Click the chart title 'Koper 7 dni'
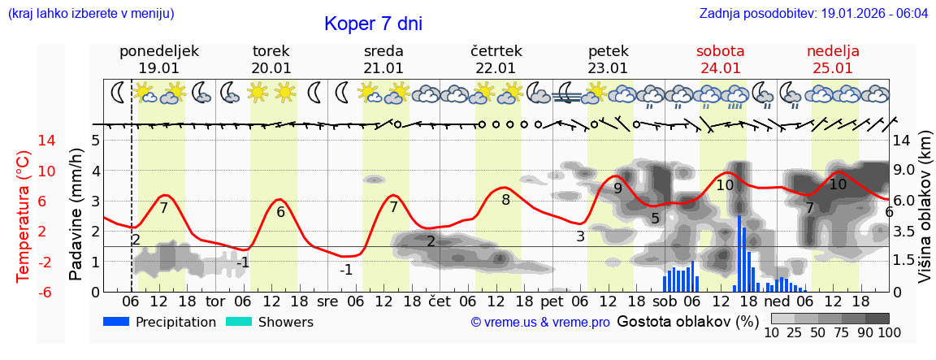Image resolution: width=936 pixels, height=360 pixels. click(x=373, y=24)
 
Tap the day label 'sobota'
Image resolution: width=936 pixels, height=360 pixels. click(x=720, y=51)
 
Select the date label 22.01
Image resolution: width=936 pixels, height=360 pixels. click(x=496, y=68)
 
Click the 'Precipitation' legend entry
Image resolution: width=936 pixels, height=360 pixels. click(x=160, y=322)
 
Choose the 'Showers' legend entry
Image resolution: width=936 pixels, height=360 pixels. click(x=269, y=322)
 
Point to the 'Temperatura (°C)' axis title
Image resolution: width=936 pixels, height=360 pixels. click(x=24, y=216)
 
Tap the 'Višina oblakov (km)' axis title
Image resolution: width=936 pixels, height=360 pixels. click(x=925, y=220)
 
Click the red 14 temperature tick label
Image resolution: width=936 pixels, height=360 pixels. click(x=24, y=141)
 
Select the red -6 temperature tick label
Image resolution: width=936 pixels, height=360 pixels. click(x=24, y=292)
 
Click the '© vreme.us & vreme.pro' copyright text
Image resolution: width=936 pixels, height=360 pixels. click(x=540, y=322)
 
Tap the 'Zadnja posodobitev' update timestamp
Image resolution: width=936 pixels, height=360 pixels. click(x=813, y=14)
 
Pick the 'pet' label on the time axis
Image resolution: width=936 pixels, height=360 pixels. click(x=552, y=300)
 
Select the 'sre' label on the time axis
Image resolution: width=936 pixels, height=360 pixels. click(x=327, y=300)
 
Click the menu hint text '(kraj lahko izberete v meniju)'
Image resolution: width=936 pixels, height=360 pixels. click(x=91, y=14)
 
